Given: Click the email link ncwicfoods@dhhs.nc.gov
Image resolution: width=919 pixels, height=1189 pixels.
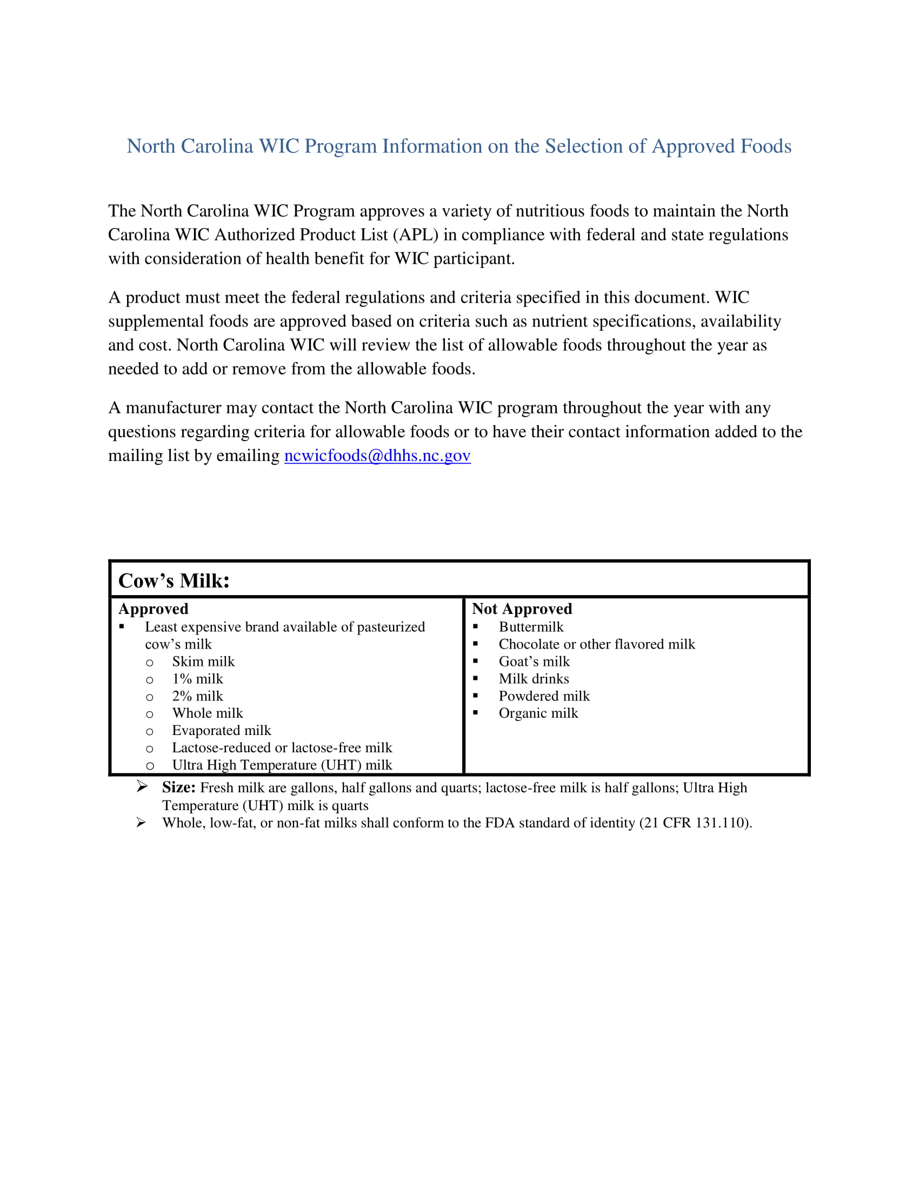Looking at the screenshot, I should pyautogui.click(x=377, y=456).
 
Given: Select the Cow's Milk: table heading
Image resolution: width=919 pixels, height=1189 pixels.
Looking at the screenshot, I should pyautogui.click(x=174, y=581).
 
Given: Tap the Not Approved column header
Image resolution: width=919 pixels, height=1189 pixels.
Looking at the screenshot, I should pyautogui.click(x=522, y=609).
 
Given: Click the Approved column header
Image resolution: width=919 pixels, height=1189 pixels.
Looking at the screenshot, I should pyautogui.click(x=154, y=609).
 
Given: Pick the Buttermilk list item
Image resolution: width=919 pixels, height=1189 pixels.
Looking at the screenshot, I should pyautogui.click(x=531, y=627).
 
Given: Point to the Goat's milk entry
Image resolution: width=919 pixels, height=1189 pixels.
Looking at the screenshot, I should pyautogui.click(x=534, y=662).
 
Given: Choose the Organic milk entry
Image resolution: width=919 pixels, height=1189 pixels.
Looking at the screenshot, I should pyautogui.click(x=538, y=713).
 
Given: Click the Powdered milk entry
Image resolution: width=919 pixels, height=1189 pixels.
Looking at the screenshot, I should pyautogui.click(x=544, y=696).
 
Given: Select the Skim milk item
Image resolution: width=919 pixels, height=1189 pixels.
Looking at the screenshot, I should pyautogui.click(x=203, y=662).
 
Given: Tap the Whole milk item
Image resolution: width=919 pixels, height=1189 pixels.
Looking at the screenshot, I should pyautogui.click(x=208, y=713).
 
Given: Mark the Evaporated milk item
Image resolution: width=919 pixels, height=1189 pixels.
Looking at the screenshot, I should pyautogui.click(x=221, y=731).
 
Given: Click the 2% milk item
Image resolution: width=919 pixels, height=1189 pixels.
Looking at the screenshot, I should pyautogui.click(x=197, y=696).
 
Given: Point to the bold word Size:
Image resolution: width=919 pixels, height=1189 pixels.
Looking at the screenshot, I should pyautogui.click(x=178, y=788).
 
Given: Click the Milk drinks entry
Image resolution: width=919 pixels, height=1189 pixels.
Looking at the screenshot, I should pyautogui.click(x=534, y=679).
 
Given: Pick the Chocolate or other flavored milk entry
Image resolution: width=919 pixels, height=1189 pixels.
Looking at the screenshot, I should pyautogui.click(x=597, y=645).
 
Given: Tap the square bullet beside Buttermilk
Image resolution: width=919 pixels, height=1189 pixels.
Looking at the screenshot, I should pyautogui.click(x=475, y=626).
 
